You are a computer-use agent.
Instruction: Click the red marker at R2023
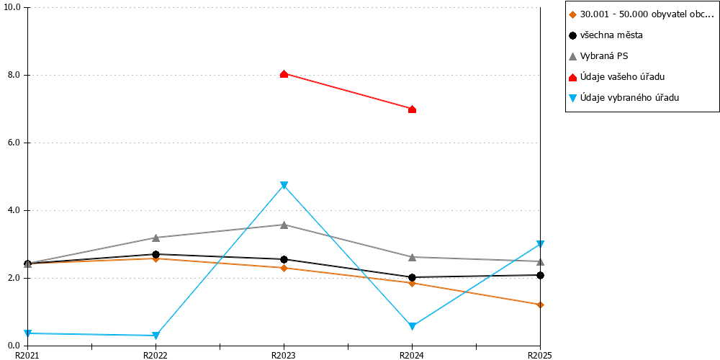pyautogui.click(x=284, y=74)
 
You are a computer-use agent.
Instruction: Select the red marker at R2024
pyautogui.click(x=412, y=109)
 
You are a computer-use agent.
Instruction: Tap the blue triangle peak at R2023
pyautogui.click(x=284, y=185)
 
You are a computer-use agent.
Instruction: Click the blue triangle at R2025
pyautogui.click(x=541, y=244)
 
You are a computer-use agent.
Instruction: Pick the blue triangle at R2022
pyautogui.click(x=156, y=336)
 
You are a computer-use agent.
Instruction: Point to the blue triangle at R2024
pyautogui.click(x=412, y=326)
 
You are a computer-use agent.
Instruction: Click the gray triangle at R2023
pyautogui.click(x=284, y=225)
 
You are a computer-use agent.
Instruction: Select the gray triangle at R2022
pyautogui.click(x=156, y=238)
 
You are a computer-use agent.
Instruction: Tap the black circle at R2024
pyautogui.click(x=412, y=277)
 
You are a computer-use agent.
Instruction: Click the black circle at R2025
pyautogui.click(x=541, y=275)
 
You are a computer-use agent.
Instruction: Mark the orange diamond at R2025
pyautogui.click(x=541, y=305)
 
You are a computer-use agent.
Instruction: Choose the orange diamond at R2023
pyautogui.click(x=284, y=268)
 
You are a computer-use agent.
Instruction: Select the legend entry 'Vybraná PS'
pyautogui.click(x=598, y=56)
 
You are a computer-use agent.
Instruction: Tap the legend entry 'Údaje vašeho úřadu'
pyautogui.click(x=617, y=77)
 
